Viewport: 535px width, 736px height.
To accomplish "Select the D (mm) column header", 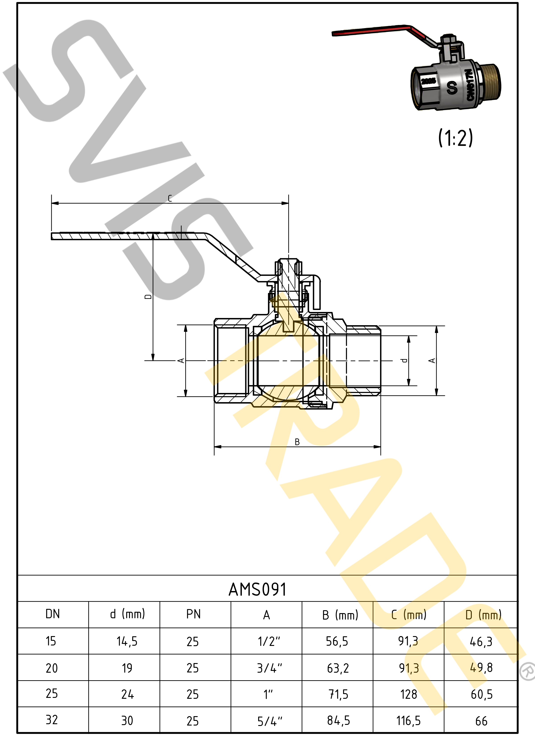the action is click(x=483, y=615).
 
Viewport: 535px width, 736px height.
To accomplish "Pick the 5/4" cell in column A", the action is click(x=270, y=721).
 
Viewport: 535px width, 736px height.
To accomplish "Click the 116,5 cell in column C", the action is click(x=408, y=721).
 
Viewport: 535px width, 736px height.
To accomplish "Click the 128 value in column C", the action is click(x=408, y=695).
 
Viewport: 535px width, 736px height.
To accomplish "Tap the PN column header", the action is click(x=193, y=614).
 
